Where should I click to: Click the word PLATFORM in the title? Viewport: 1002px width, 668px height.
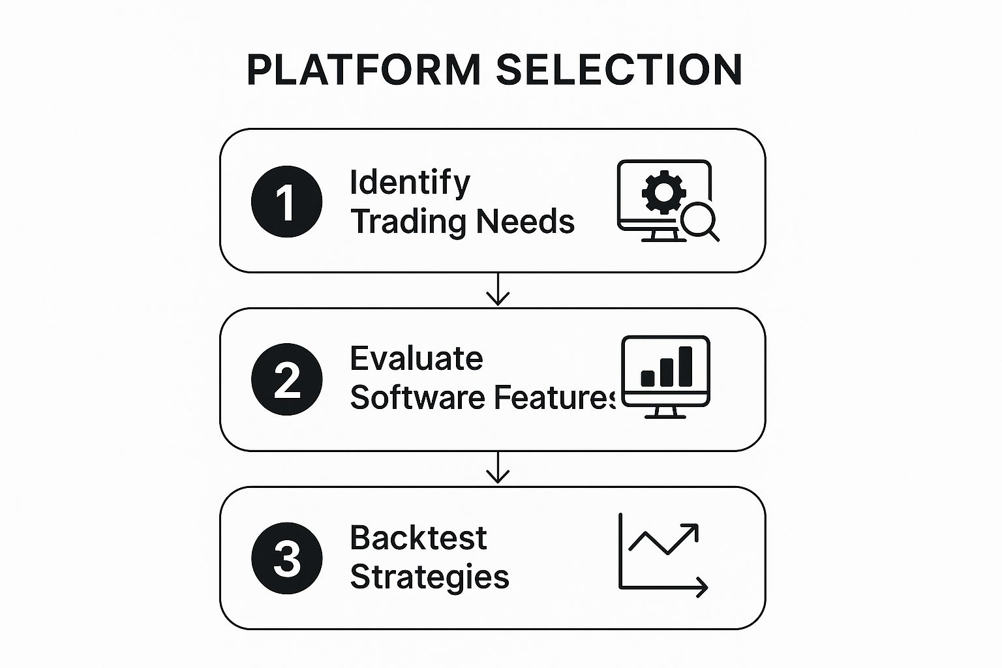pyautogui.click(x=364, y=70)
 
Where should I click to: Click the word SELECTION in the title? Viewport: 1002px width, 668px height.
pyautogui.click(x=619, y=70)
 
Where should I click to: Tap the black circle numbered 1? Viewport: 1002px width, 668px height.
pyautogui.click(x=286, y=202)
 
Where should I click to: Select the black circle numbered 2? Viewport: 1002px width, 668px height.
pyautogui.click(x=286, y=379)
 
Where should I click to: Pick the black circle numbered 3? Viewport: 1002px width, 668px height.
pyautogui.click(x=286, y=558)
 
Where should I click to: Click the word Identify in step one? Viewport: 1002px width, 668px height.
pyautogui.click(x=410, y=183)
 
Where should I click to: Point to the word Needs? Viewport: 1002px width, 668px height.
pyautogui.click(x=525, y=221)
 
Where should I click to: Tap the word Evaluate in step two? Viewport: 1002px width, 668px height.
pyautogui.click(x=416, y=358)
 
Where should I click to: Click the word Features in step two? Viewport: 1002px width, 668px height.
pyautogui.click(x=554, y=397)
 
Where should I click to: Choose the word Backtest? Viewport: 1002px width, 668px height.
pyautogui.click(x=418, y=538)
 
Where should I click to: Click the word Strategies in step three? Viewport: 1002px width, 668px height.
pyautogui.click(x=429, y=577)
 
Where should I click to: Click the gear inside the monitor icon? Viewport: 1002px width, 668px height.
pyautogui.click(x=663, y=192)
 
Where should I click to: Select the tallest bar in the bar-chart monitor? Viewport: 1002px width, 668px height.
pyautogui.click(x=686, y=367)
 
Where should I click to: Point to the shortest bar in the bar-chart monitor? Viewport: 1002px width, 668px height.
pyautogui.click(x=648, y=378)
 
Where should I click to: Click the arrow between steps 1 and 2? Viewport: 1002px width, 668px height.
pyautogui.click(x=498, y=290)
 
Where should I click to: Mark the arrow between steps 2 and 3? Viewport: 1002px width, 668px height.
pyautogui.click(x=498, y=468)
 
